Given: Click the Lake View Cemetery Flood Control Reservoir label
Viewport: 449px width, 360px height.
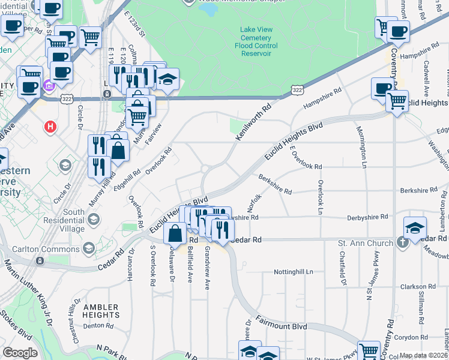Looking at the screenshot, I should [256, 41].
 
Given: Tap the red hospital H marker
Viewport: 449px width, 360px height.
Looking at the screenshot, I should [51, 127].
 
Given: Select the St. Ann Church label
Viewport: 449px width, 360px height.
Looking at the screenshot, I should [365, 243].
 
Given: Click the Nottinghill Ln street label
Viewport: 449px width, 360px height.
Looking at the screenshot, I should [294, 271].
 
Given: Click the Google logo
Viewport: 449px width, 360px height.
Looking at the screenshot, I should [20, 352].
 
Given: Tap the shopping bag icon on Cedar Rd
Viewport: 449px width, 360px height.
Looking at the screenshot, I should [175, 233].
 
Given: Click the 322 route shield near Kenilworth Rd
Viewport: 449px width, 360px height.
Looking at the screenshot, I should [297, 90].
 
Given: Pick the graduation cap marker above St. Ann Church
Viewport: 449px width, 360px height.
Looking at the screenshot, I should [415, 228].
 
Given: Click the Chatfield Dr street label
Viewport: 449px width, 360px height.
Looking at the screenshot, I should [344, 268].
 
